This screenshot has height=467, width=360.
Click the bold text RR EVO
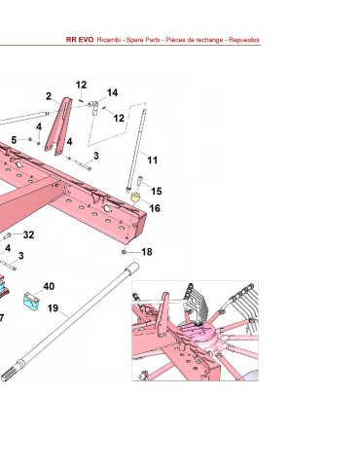point(80,40)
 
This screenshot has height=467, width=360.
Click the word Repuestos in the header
point(244,40)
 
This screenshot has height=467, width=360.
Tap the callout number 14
point(112,92)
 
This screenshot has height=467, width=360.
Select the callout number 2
point(49,96)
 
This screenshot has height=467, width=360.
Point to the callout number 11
point(152,161)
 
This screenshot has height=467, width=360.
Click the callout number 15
point(157,192)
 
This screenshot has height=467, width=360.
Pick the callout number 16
point(155,208)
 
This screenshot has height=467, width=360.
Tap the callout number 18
point(147,252)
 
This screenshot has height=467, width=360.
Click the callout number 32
point(28,234)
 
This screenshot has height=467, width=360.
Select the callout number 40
point(49,286)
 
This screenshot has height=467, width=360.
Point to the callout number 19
point(53,308)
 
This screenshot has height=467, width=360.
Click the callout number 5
point(14,140)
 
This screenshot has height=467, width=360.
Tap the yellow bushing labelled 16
point(136,197)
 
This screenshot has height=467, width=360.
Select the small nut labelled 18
point(124,252)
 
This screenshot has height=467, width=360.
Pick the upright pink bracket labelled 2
point(59,126)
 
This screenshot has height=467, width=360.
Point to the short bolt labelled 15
point(140,182)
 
